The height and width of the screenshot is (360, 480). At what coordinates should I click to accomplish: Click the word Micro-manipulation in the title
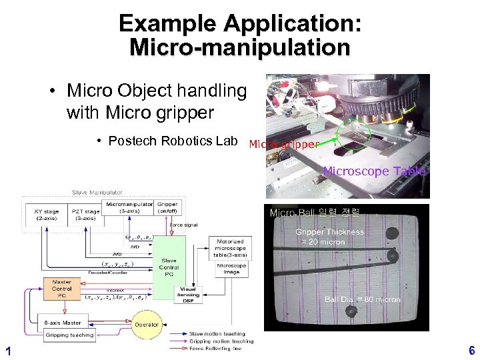tap(240, 48)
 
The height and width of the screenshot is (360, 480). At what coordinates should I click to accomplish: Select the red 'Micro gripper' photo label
tap(283, 144)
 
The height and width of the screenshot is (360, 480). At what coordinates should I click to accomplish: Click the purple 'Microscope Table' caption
tap(374, 171)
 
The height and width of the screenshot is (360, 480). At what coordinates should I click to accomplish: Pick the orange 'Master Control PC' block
tap(62, 289)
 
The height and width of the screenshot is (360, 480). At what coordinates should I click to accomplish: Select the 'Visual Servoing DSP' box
tap(189, 294)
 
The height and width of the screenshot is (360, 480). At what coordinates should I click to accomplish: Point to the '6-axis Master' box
tap(63, 323)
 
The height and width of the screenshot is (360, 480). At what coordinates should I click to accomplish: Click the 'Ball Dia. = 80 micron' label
tap(362, 300)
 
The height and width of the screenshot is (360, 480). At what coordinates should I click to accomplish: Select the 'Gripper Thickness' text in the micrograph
tap(330, 233)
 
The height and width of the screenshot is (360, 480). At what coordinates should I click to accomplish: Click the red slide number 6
tap(471, 350)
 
